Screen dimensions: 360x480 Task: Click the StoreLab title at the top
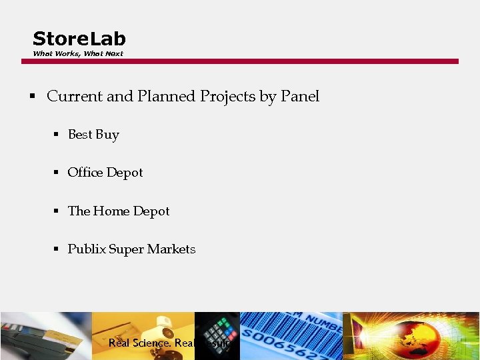[x=79, y=39]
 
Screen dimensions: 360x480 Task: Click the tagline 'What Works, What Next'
[x=78, y=54]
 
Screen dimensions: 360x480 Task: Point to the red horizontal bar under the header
[x=240, y=61]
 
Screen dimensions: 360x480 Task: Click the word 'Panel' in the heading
[x=300, y=97]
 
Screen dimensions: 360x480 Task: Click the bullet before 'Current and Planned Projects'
[x=31, y=97]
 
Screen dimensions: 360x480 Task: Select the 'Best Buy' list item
[x=93, y=135]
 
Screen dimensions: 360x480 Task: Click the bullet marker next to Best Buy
[x=57, y=135]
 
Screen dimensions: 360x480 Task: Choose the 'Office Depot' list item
[x=105, y=173]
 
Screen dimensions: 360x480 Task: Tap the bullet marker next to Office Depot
[x=57, y=173]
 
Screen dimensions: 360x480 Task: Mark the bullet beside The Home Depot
[x=57, y=211]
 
